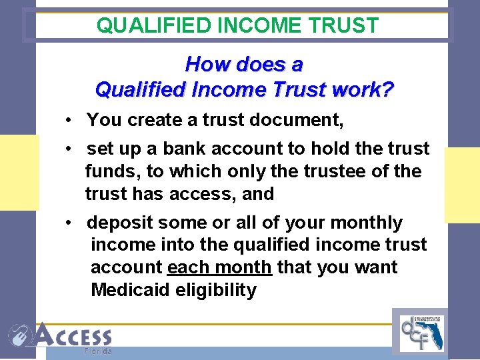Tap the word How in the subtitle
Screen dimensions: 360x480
pos(204,65)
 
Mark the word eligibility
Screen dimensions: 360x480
pos(217,290)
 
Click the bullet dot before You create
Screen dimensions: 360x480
pos(69,121)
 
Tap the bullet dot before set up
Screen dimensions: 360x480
pos(69,149)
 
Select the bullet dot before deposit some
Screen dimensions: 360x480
pos(69,223)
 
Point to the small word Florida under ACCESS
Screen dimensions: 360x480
pos(99,351)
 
